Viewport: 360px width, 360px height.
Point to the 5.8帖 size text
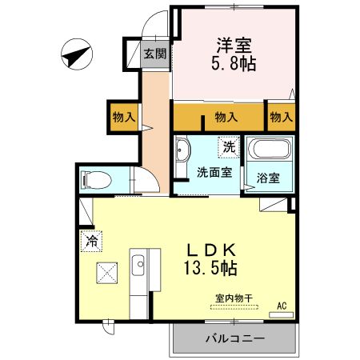(x=234, y=65)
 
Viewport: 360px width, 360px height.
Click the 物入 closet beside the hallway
(x=123, y=117)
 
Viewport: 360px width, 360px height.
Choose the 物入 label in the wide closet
(x=226, y=117)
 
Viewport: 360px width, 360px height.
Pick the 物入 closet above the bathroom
(x=281, y=117)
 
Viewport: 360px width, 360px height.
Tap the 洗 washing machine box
(x=229, y=147)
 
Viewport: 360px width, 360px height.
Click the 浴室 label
(x=269, y=178)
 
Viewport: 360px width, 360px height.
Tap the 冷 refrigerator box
(x=92, y=239)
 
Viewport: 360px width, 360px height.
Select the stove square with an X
(x=107, y=273)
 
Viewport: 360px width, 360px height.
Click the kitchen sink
(x=138, y=263)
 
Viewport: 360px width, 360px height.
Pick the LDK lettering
(x=211, y=249)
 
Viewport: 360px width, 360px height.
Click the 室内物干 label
(x=233, y=298)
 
